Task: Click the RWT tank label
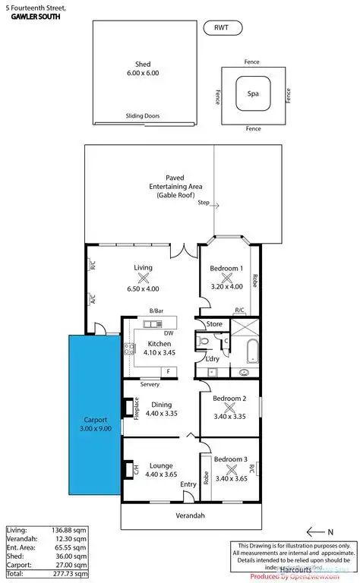coord(221,27)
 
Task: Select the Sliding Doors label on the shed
coord(143,117)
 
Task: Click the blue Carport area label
coord(94,423)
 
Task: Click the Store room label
coord(215,325)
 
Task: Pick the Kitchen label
coord(149,344)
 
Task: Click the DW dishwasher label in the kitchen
coord(167,332)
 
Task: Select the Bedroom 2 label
coord(229,399)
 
